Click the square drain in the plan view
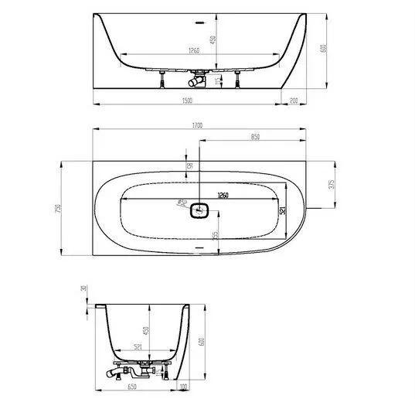(200, 209)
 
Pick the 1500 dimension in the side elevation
(187, 100)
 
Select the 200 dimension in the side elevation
(293, 100)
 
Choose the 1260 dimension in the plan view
(223, 196)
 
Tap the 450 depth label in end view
(147, 332)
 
